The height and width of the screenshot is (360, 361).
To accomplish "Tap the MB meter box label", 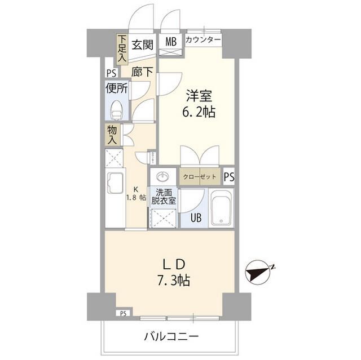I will (170, 42).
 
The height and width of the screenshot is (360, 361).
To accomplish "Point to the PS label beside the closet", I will (228, 177).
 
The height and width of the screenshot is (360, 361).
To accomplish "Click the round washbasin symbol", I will (164, 176).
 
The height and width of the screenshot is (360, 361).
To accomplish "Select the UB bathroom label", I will (195, 219).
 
